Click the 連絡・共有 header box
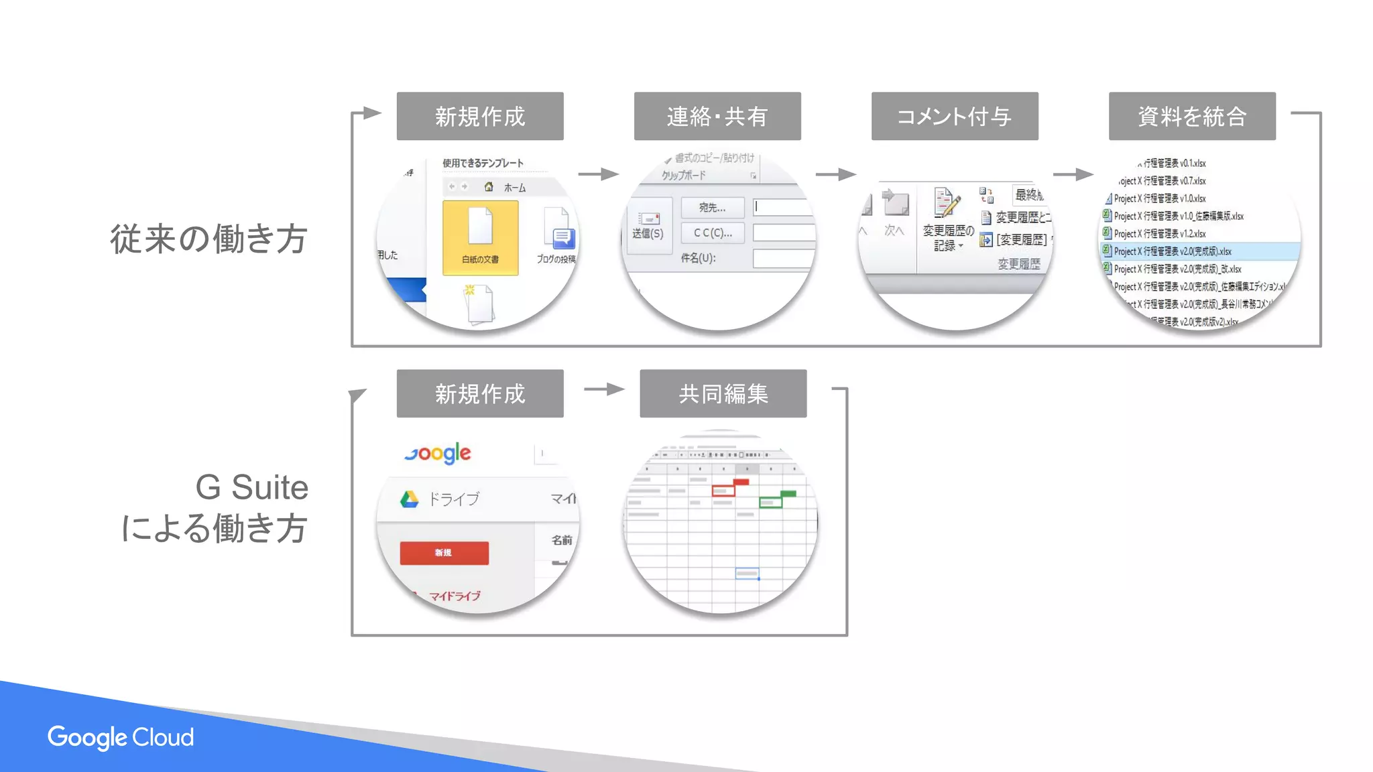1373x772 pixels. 717,116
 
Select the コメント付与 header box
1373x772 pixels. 955,116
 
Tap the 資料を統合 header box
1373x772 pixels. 1192,116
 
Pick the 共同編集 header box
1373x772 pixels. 723,393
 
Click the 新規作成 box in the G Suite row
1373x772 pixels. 480,393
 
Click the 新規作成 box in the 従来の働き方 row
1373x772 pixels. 480,116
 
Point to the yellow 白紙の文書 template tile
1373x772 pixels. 480,237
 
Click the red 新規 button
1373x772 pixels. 444,553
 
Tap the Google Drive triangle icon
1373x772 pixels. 409,499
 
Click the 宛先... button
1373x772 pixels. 712,208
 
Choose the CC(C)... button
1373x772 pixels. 712,233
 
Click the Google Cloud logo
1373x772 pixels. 121,737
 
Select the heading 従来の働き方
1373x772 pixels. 208,239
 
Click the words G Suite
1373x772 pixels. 251,487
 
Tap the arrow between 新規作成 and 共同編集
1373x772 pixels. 604,389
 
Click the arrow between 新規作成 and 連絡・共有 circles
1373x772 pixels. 599,174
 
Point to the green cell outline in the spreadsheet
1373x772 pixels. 770,502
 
